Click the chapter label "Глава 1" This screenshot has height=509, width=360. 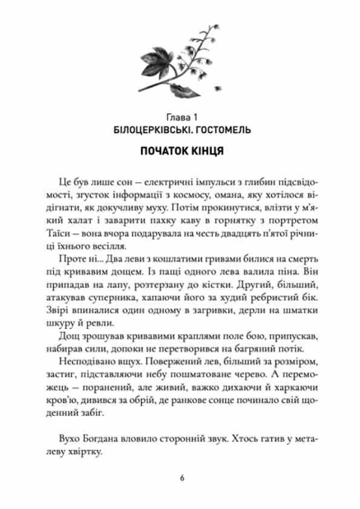[180, 115]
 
